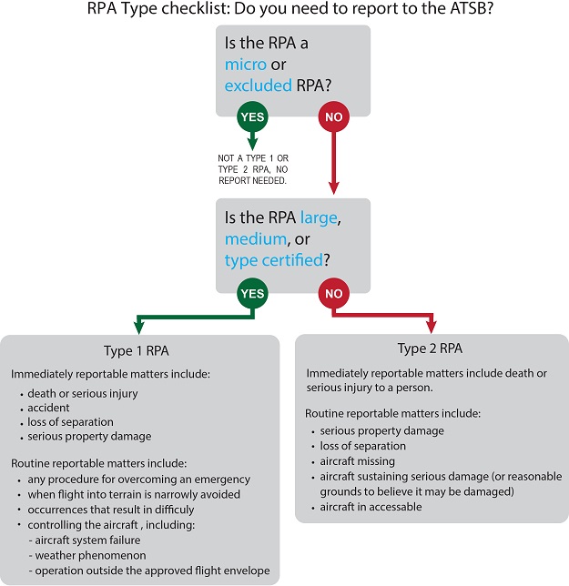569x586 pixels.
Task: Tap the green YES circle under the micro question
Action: pos(254,116)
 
